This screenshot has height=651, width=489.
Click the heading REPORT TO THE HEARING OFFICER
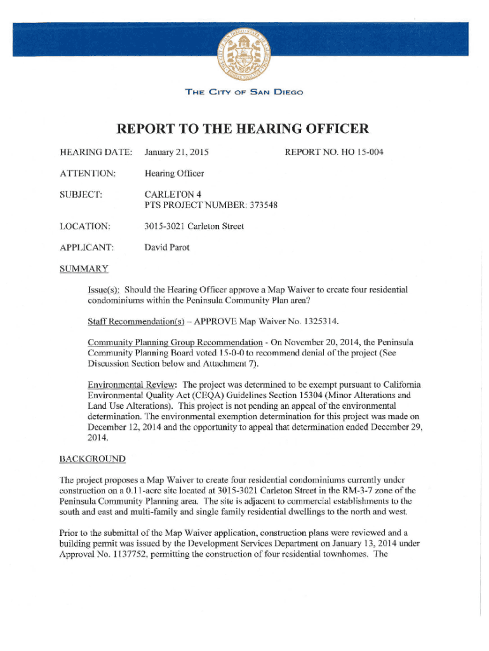(243, 130)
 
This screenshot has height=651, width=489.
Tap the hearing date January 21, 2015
(177, 153)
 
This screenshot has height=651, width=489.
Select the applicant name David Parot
(166, 247)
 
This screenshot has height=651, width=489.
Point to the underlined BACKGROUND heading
(92, 459)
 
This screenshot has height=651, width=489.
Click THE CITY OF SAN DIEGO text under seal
(245, 92)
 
